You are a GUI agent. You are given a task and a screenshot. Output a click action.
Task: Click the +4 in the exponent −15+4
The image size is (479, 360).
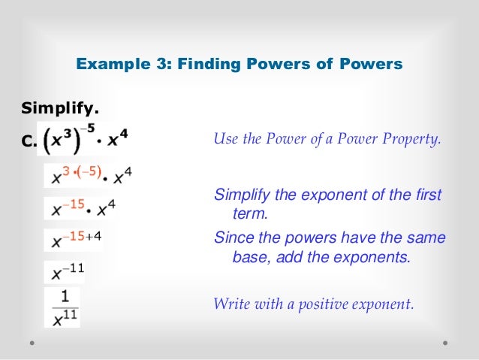92,236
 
